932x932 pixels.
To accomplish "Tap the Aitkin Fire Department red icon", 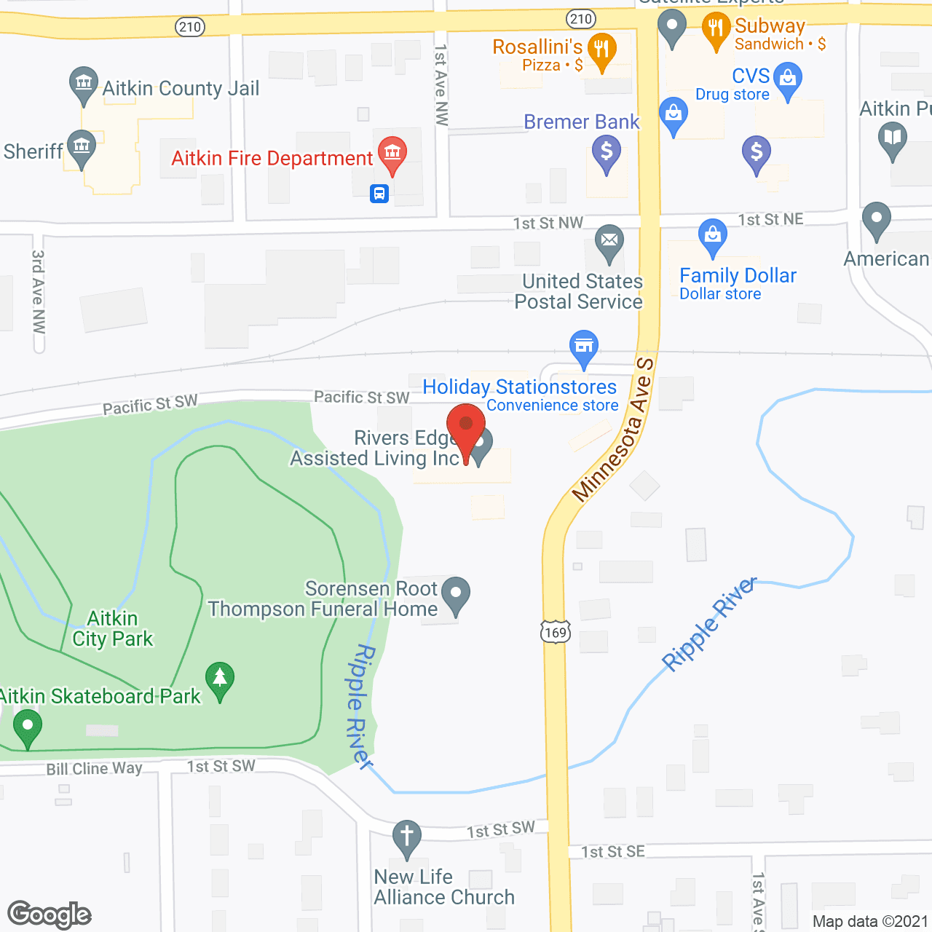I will click(x=392, y=154).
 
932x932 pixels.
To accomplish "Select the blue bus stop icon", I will click(x=379, y=194).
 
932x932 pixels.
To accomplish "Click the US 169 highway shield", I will click(x=555, y=631).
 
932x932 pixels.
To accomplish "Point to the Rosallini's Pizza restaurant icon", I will click(x=601, y=50).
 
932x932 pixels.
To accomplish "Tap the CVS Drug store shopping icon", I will click(x=788, y=77).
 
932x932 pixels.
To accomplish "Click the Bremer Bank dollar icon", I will click(x=606, y=153).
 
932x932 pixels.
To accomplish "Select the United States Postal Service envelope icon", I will click(x=609, y=240).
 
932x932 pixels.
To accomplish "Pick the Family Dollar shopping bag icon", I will click(x=712, y=235).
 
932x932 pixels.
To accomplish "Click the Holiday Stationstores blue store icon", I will click(x=584, y=347).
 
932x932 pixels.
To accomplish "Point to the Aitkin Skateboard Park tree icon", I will click(x=220, y=679).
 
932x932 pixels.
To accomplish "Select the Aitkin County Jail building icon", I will click(x=84, y=82).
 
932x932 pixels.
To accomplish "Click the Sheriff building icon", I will click(x=82, y=146).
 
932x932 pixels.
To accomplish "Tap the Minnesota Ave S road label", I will click(x=614, y=430).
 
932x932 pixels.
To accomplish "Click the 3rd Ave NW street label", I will click(x=39, y=291).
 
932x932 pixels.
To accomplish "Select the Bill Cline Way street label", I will click(x=94, y=769).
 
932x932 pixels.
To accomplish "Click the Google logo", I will click(x=50, y=915).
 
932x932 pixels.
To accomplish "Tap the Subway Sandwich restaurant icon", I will click(x=716, y=29).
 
